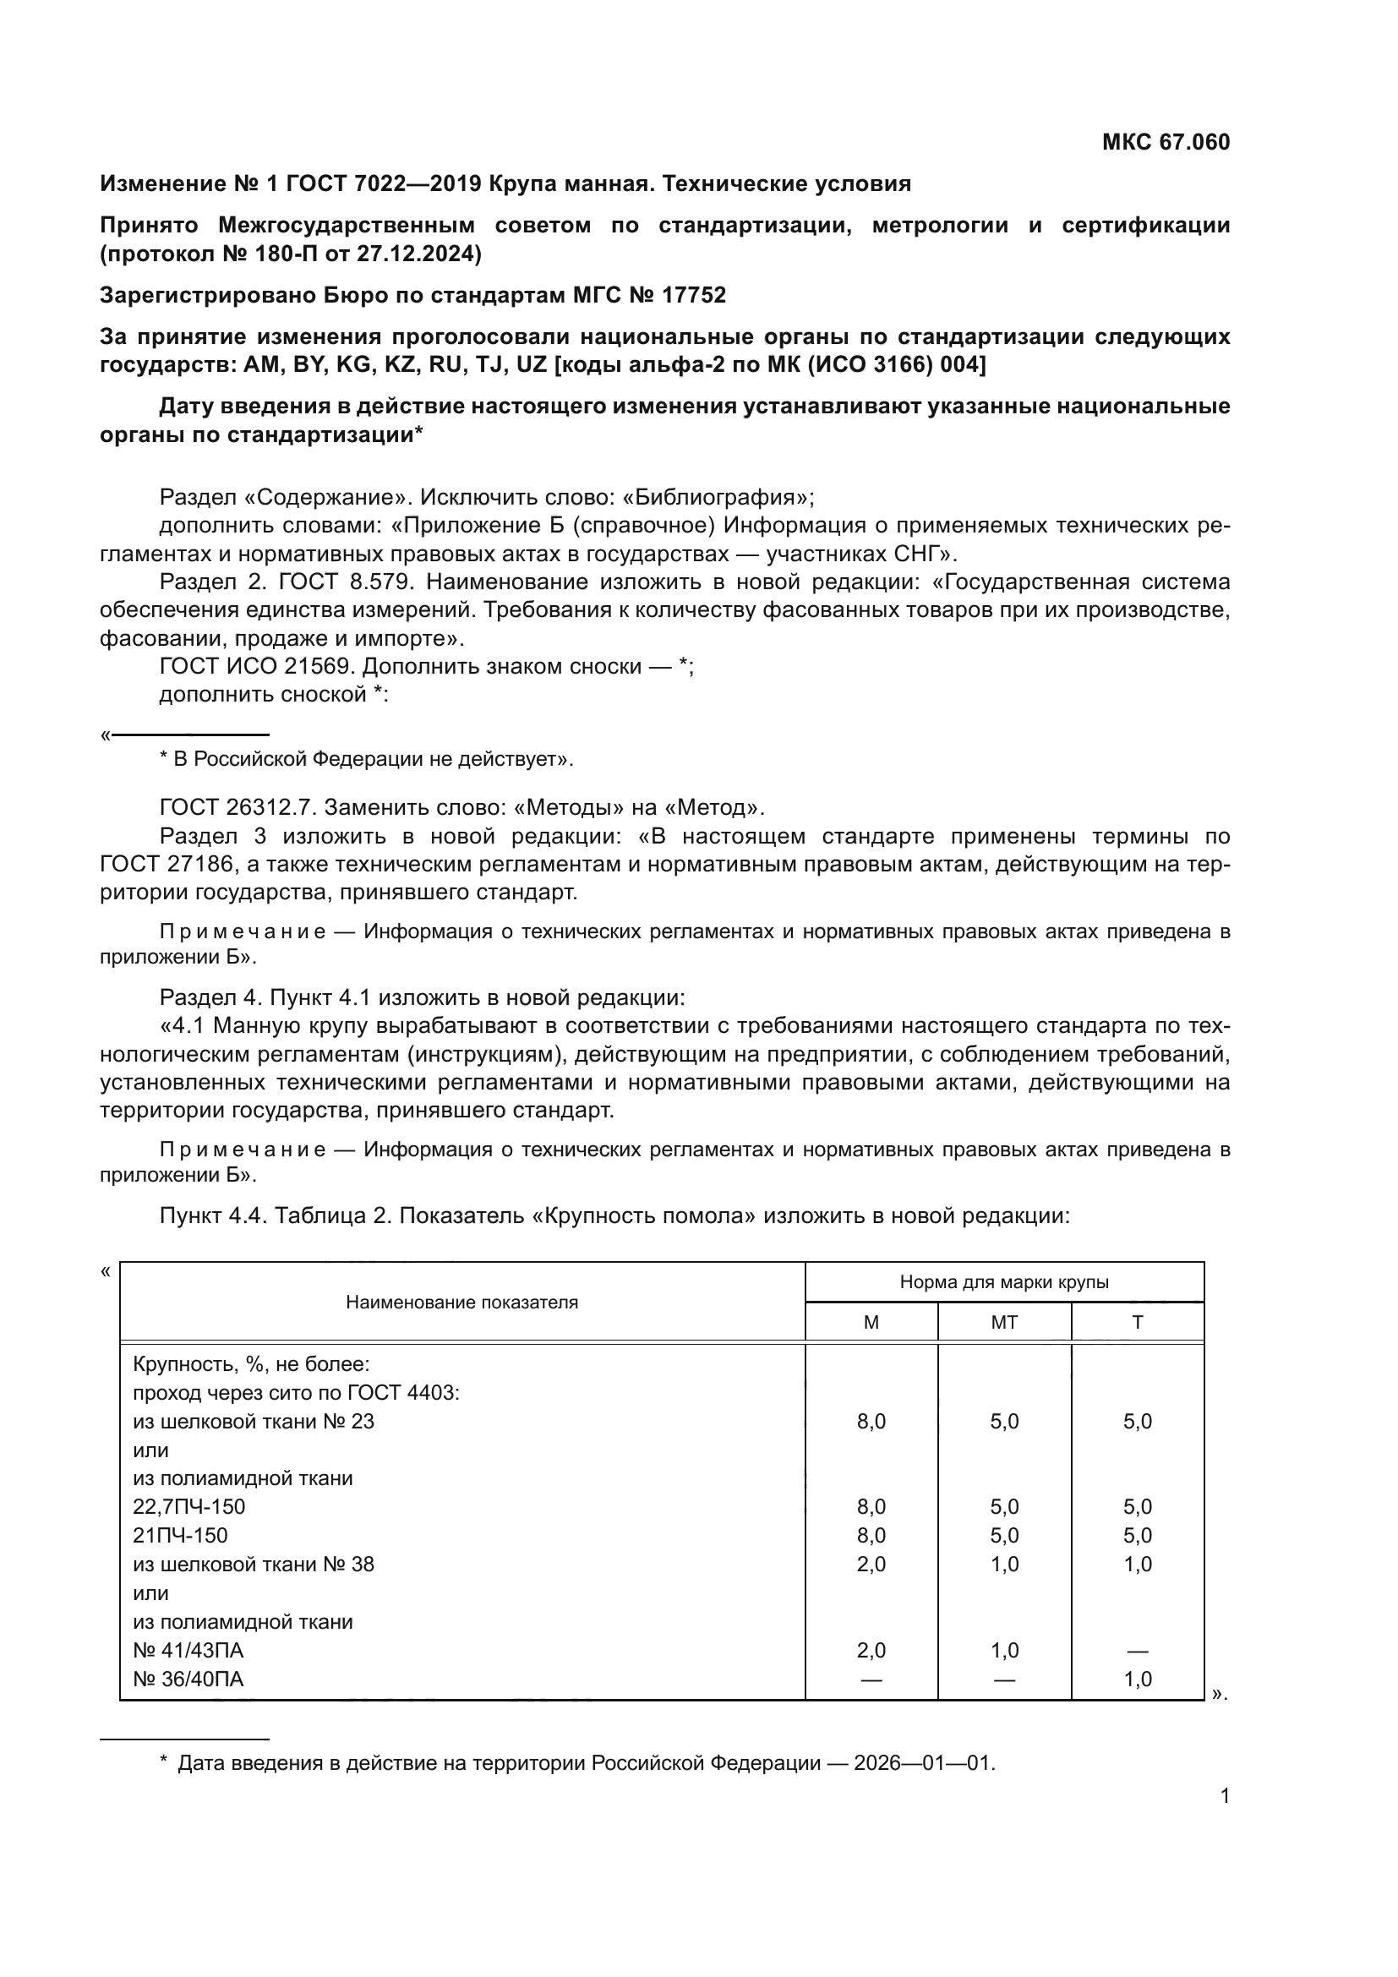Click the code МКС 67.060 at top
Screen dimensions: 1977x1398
[x=1166, y=142]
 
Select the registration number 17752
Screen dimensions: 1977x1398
[x=694, y=295]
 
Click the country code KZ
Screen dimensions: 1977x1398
[x=400, y=364]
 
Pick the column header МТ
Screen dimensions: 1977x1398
[x=1004, y=1322]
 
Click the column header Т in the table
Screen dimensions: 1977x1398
[x=1137, y=1322]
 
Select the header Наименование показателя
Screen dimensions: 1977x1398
[x=461, y=1302]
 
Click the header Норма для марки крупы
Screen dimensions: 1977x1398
[x=1004, y=1281]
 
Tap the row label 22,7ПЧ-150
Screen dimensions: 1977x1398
[x=189, y=1506]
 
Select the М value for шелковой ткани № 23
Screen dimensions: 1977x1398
[x=871, y=1421]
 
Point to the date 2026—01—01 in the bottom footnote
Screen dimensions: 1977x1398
[x=924, y=1762]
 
